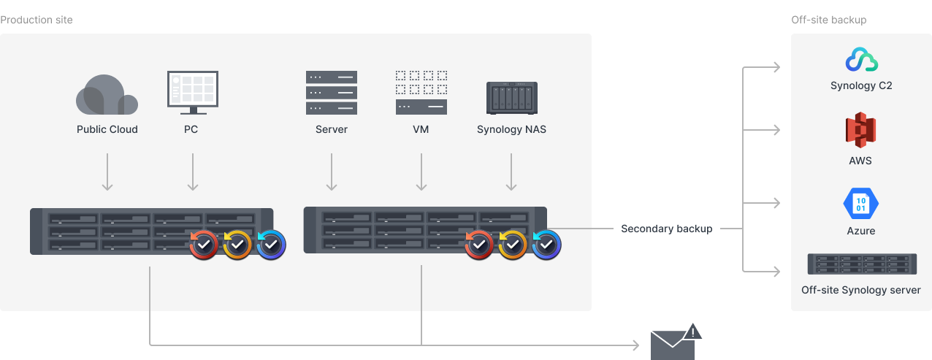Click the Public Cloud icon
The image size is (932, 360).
[x=107, y=95]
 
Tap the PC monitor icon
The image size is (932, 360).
[x=192, y=92]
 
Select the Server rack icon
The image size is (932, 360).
[x=332, y=92]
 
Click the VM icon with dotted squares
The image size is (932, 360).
[x=421, y=92]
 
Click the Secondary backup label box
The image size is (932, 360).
[x=666, y=229]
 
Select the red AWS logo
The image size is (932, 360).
[x=860, y=131]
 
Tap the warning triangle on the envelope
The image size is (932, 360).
[x=692, y=332]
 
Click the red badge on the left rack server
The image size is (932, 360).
[x=204, y=245]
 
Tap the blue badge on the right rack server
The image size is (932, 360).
[x=546, y=245]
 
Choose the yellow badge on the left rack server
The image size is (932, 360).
[x=237, y=245]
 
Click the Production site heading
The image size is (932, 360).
[x=37, y=20]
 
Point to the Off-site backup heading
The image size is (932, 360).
[x=828, y=20]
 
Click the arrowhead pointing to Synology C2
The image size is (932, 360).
[x=776, y=68]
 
